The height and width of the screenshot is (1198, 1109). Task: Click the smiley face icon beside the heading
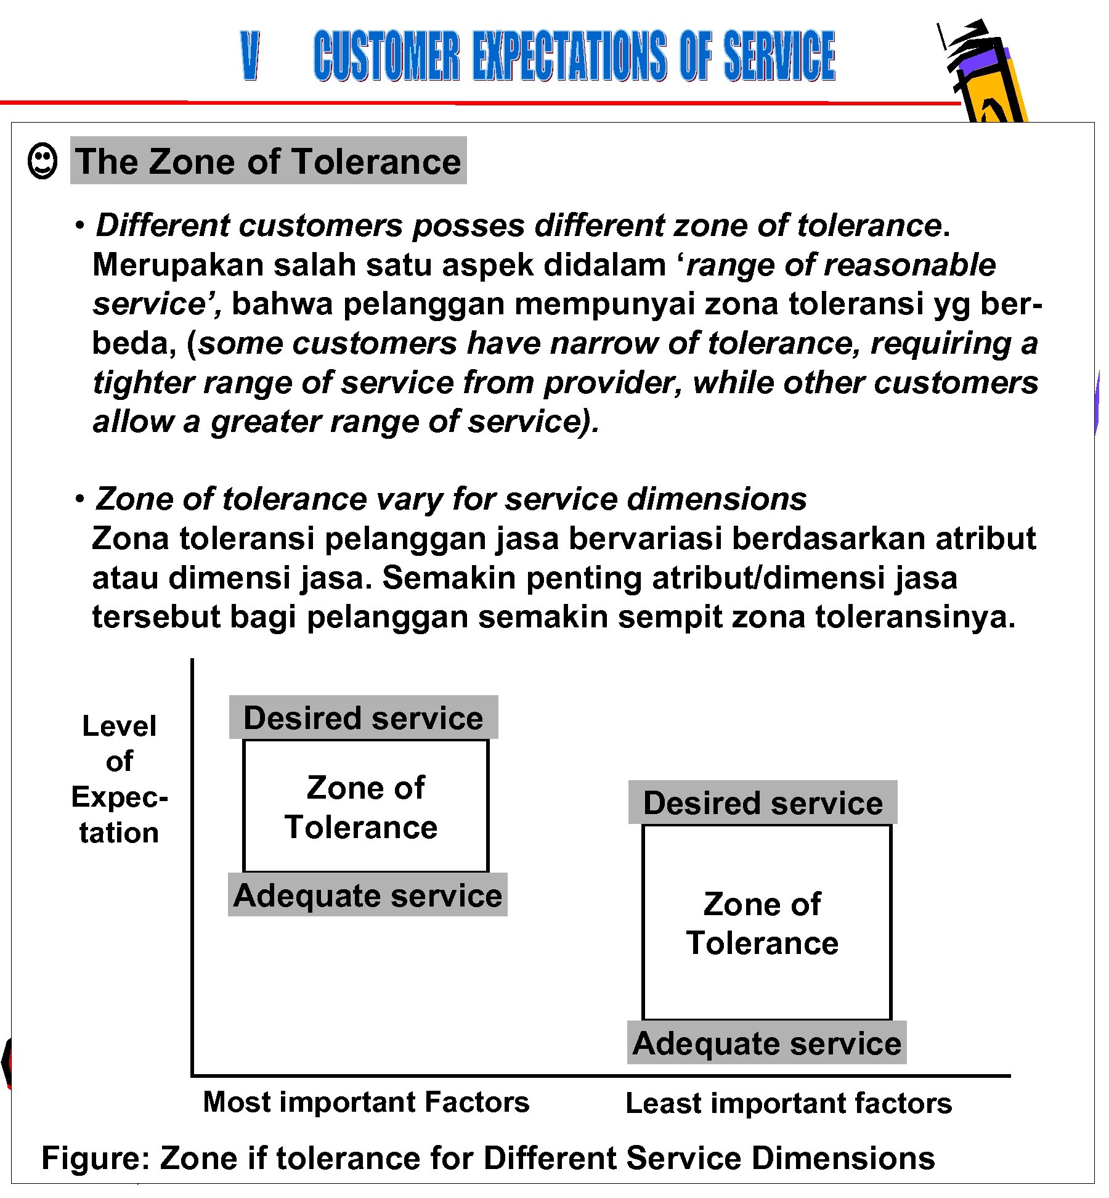[x=43, y=162]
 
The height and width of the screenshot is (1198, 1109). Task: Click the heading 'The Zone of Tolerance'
[x=268, y=161]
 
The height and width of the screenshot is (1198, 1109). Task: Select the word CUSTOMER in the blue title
[x=386, y=56]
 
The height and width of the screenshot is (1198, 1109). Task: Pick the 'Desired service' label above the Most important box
[x=364, y=718]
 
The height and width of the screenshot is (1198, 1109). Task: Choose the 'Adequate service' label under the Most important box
[x=368, y=895]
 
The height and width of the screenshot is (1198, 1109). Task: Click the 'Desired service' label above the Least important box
[x=763, y=803]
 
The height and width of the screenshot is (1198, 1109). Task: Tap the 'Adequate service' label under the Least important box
[x=766, y=1043]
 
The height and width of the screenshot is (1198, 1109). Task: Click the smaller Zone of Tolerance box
[x=365, y=806]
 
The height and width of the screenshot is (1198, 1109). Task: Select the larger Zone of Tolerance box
[x=766, y=923]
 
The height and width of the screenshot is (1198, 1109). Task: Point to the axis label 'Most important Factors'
[x=366, y=1102]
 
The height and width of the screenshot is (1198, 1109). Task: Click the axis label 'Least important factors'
[x=789, y=1103]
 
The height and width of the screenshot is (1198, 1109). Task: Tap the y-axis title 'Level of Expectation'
[x=119, y=779]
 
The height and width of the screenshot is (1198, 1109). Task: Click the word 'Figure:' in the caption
[x=95, y=1158]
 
